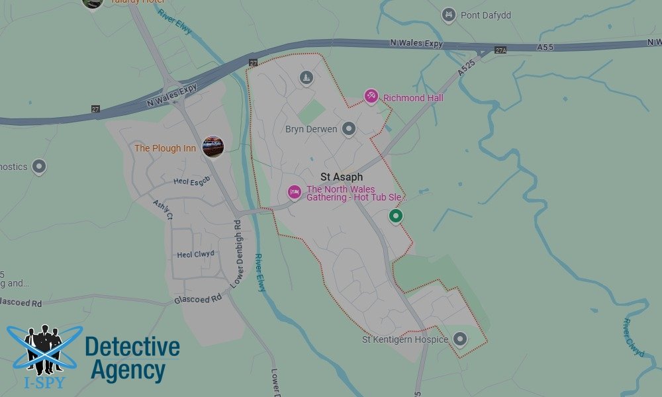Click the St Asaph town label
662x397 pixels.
(x=342, y=177)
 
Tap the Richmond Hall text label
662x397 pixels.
(x=413, y=98)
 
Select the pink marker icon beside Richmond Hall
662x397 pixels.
(x=371, y=97)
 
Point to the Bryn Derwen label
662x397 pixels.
(x=311, y=129)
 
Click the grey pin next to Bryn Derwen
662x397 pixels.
(x=349, y=129)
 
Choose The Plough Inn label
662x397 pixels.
(x=165, y=148)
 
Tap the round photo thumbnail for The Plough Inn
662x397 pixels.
(x=213, y=147)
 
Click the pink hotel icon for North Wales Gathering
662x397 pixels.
(x=295, y=192)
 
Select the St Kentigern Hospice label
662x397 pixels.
(x=404, y=339)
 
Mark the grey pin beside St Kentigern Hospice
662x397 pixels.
(x=460, y=339)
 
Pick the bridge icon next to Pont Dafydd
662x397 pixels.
(x=449, y=14)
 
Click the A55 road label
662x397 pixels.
(x=545, y=46)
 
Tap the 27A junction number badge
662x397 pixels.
(x=500, y=50)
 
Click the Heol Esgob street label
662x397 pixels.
(x=191, y=181)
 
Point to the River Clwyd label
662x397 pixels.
(x=634, y=337)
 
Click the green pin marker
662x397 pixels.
(x=396, y=216)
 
